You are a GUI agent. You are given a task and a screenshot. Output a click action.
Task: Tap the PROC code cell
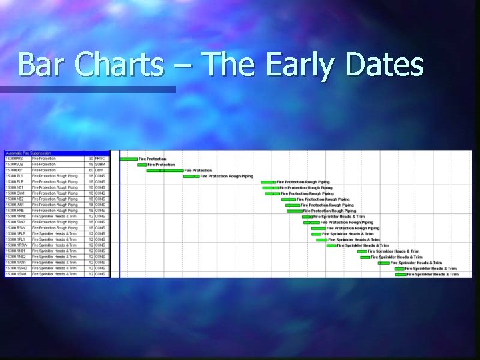click(x=100, y=159)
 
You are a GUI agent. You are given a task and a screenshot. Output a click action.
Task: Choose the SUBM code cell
click(x=100, y=164)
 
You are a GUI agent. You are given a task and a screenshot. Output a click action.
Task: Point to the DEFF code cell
click(x=100, y=170)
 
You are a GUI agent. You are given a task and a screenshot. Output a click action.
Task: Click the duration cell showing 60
click(x=91, y=170)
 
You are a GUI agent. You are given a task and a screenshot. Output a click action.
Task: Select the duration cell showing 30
click(x=91, y=159)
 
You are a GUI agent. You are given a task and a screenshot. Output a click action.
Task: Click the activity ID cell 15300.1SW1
click(x=15, y=274)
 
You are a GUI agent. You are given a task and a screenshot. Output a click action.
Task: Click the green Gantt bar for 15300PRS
click(x=129, y=159)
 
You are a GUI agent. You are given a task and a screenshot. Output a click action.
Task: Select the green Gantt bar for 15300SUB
click(x=142, y=165)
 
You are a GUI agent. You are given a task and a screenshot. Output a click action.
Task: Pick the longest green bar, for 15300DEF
click(x=165, y=171)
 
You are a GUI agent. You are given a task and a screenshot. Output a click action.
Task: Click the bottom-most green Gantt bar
click(x=401, y=274)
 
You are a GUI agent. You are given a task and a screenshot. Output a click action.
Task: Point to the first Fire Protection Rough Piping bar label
click(x=227, y=177)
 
